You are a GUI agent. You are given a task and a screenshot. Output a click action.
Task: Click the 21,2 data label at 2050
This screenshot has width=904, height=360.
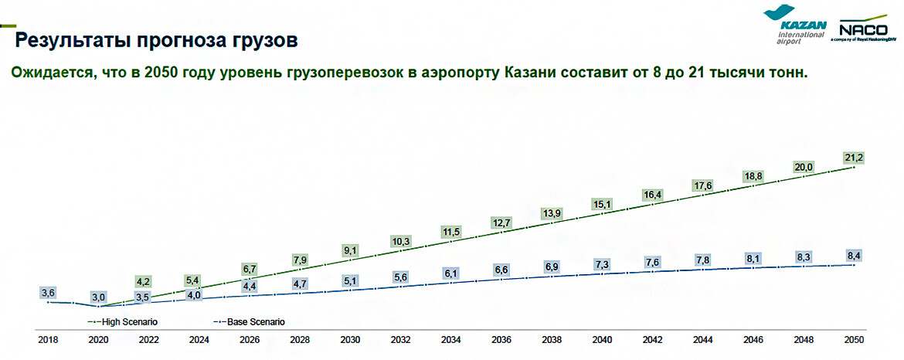[x=854, y=158]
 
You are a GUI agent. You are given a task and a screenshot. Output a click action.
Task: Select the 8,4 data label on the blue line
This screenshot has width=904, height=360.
[x=854, y=255]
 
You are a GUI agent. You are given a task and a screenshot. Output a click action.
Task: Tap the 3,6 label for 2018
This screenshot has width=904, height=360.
[x=49, y=293]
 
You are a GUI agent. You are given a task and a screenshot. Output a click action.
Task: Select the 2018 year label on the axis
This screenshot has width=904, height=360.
[x=48, y=340]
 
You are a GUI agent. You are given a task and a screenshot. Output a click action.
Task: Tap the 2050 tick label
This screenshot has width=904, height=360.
[x=854, y=340]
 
